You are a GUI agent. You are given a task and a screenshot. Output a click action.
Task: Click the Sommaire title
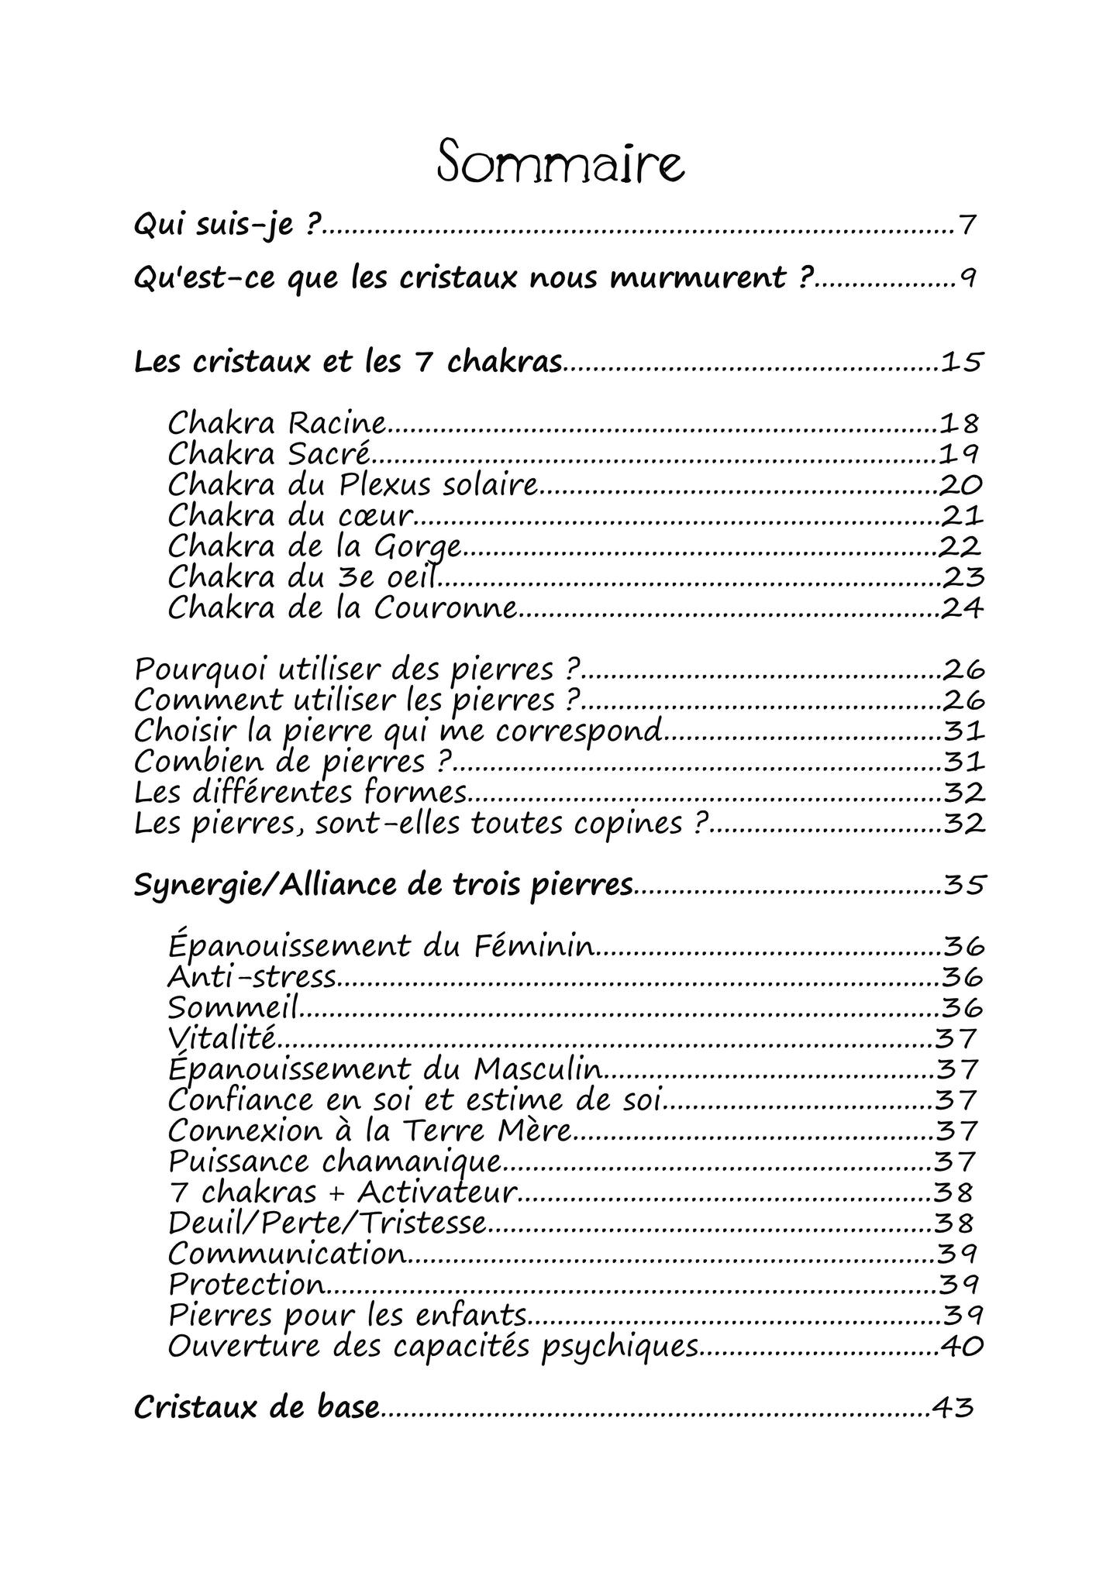[x=560, y=161]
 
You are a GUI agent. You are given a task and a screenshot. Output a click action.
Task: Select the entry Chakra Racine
[x=277, y=423]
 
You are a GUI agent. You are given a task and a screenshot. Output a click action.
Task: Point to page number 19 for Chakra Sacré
[x=960, y=453]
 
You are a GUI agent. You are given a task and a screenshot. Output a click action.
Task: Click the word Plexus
[x=379, y=485]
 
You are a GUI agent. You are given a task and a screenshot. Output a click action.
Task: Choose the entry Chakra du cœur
[x=290, y=515]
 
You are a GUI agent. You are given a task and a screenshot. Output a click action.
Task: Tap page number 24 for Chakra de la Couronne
[x=961, y=608]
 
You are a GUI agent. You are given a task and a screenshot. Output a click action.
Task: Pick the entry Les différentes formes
[x=301, y=793]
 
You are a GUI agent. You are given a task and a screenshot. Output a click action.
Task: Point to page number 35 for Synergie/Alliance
[x=963, y=884]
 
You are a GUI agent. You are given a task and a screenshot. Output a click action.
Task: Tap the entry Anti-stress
[x=252, y=977]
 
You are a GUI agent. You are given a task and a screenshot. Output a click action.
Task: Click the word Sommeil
[x=233, y=1008]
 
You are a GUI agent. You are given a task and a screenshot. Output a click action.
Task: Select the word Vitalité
[x=222, y=1038]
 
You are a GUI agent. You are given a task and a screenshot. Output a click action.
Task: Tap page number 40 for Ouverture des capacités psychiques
[x=962, y=1347]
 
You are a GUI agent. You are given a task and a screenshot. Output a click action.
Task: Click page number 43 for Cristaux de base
[x=953, y=1408]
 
